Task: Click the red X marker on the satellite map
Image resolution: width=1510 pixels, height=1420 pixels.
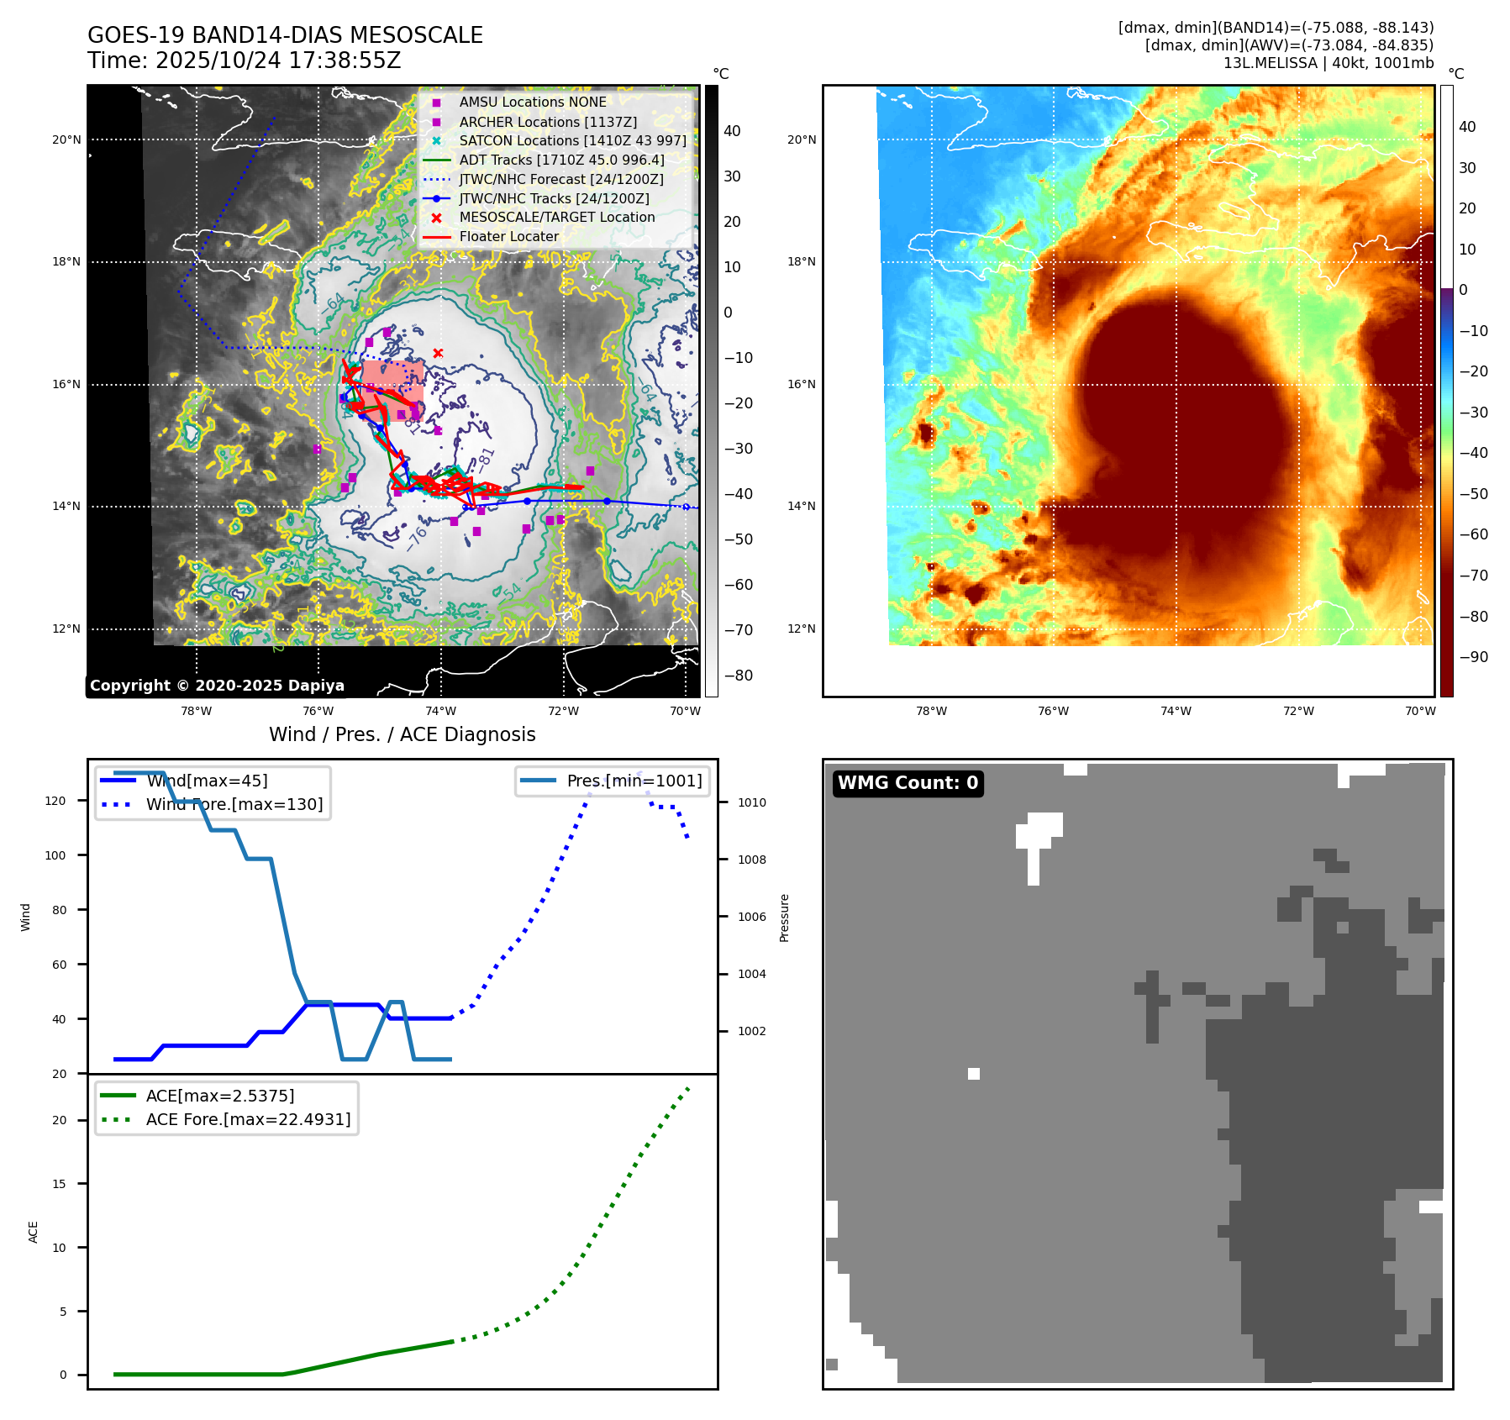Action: [438, 353]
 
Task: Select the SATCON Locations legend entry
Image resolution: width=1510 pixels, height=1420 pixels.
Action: [572, 140]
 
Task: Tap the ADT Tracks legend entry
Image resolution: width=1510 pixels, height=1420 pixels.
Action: [561, 160]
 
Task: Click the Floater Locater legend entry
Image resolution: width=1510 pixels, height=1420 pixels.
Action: [508, 236]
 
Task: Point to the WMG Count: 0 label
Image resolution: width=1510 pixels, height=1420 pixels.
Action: [908, 783]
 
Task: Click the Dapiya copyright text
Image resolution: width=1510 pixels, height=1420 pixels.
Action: [217, 686]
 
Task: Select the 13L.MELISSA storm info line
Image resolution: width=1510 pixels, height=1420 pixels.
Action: [1328, 63]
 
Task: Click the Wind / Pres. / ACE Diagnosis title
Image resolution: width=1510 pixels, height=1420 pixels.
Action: [402, 734]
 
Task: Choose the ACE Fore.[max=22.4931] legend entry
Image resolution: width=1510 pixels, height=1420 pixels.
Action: [248, 1119]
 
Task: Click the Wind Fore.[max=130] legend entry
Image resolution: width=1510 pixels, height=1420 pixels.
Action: [234, 804]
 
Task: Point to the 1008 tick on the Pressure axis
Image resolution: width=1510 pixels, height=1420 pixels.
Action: [751, 860]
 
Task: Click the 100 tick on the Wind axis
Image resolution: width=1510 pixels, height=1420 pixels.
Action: [55, 855]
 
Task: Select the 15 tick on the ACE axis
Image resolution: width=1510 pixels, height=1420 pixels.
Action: [60, 1184]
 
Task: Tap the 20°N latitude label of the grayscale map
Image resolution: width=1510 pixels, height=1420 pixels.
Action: [66, 139]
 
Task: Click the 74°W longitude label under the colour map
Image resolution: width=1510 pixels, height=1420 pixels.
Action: [1176, 711]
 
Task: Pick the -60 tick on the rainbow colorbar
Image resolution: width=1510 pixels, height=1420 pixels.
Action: [1473, 534]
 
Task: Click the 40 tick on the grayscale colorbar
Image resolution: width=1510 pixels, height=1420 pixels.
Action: [732, 131]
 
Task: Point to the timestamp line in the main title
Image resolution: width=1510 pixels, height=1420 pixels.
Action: [244, 60]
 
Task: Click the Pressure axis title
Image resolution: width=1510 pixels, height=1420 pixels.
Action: [784, 918]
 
